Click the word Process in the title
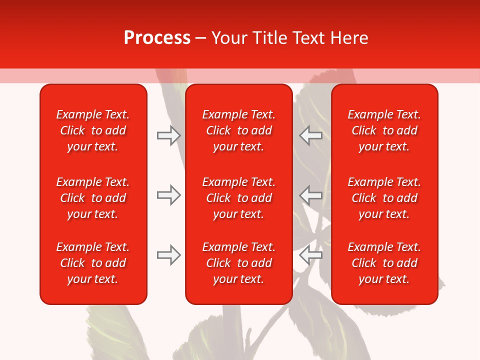157,38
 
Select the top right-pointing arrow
168,135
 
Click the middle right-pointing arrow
168,195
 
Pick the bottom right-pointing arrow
168,255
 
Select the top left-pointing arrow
311,135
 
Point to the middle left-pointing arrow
311,195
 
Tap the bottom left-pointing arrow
311,254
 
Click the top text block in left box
93,130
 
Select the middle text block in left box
93,198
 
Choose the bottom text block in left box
93,263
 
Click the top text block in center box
238,130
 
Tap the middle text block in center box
238,198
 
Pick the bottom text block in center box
238,263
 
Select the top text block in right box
384,130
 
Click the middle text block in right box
384,198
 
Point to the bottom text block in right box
384,263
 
